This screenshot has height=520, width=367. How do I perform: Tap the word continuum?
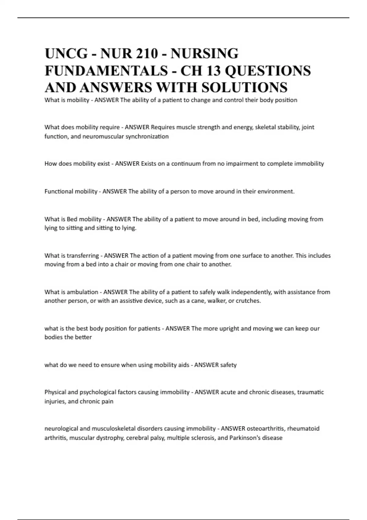186,164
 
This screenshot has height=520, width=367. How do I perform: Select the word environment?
276,191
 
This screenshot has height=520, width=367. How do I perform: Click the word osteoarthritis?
266,429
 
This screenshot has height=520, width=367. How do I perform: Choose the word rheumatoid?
303,429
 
